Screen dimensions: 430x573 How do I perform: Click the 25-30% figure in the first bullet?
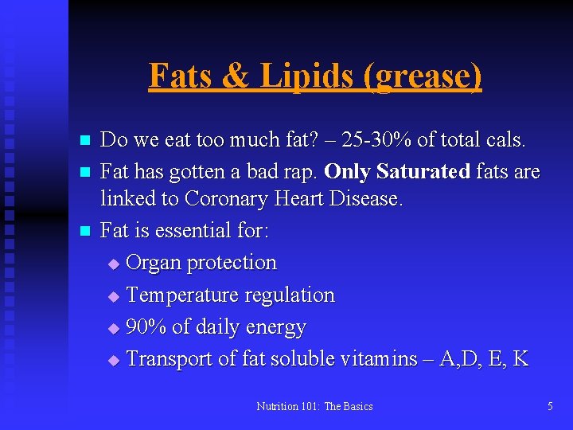coord(376,141)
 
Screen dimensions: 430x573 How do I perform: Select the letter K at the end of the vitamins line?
coord(520,359)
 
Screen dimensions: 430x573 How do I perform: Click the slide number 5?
coord(550,406)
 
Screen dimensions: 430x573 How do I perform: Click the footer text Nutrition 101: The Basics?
coord(314,406)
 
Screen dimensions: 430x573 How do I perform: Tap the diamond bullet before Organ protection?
coord(113,264)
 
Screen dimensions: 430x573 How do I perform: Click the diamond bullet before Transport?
coord(113,360)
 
